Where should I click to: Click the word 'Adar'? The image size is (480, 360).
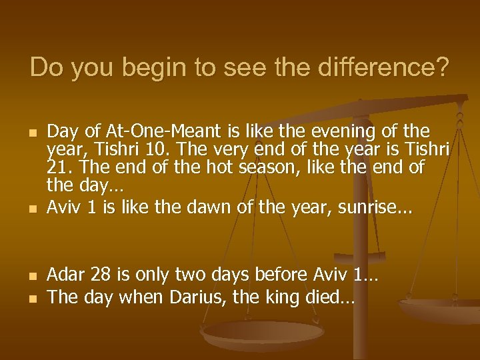click(x=66, y=274)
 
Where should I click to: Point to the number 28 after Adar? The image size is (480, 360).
click(x=101, y=274)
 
